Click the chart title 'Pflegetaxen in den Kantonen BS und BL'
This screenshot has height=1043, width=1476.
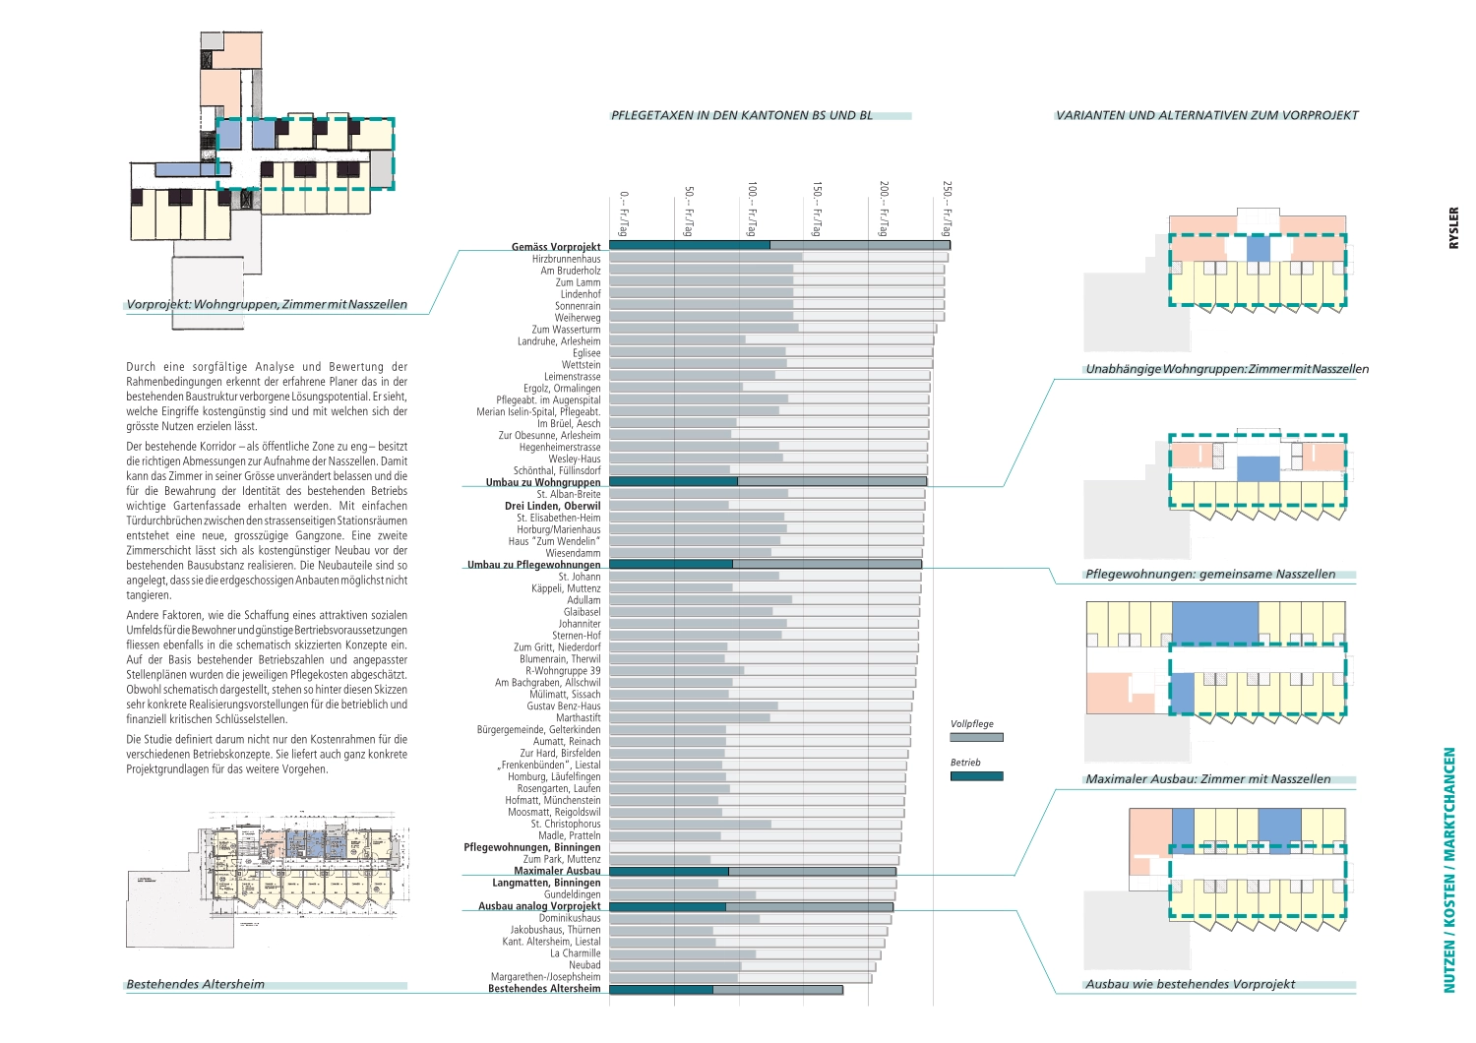point(742,115)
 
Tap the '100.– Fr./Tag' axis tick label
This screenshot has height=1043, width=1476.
point(752,209)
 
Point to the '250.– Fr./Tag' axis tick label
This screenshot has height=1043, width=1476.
point(947,209)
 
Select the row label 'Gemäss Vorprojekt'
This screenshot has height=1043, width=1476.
point(556,247)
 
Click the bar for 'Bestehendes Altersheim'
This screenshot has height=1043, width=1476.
point(726,990)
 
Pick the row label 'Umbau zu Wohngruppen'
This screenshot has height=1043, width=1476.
point(543,482)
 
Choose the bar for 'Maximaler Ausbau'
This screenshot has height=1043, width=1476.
point(753,872)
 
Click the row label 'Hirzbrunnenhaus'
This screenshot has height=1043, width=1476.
point(566,259)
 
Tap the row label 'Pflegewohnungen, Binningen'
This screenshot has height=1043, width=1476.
point(532,847)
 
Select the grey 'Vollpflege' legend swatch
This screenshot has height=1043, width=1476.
point(976,737)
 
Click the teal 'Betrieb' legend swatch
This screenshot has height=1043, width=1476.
point(976,776)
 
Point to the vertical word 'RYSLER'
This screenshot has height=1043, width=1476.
point(1454,227)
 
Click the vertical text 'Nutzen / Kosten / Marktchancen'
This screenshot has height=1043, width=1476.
point(1449,870)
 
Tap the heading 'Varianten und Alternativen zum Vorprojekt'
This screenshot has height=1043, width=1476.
point(1206,115)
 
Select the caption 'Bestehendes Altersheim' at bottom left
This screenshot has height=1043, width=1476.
point(196,984)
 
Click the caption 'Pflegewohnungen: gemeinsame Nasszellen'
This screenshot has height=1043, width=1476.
point(1210,575)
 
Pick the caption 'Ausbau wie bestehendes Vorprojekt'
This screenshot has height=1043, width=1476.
point(1191,984)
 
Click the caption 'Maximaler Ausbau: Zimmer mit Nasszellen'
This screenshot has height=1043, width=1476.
point(1208,779)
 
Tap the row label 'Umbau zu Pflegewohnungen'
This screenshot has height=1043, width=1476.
point(534,565)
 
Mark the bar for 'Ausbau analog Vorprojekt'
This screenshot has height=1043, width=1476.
point(752,907)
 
